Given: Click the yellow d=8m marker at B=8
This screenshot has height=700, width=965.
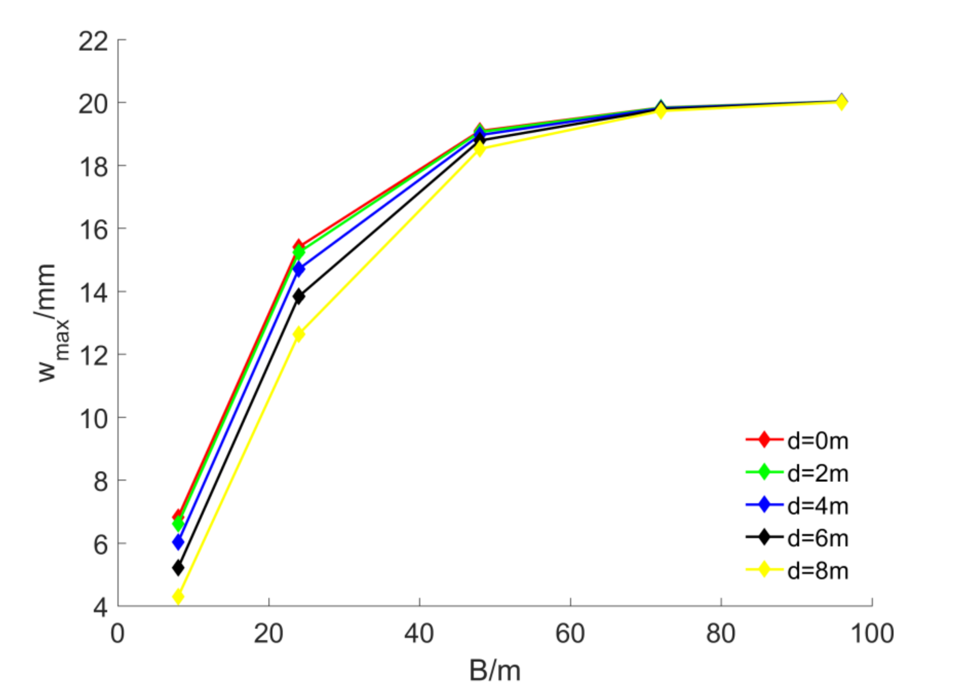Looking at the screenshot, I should pos(178,597).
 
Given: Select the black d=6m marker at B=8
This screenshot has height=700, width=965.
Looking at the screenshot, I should pos(178,568).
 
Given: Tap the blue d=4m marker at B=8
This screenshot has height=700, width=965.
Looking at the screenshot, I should pos(178,542).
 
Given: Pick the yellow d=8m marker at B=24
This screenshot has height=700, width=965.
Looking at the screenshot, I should pos(299,334).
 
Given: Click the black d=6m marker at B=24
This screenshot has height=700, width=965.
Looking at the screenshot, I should pos(299,296).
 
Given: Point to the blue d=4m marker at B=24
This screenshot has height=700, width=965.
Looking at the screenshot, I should pos(299,269).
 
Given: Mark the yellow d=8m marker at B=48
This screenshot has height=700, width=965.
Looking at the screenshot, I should pos(479,149).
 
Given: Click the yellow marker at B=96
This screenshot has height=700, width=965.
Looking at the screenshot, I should pos(841,102).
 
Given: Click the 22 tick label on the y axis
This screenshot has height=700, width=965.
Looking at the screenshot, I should pos(93,42).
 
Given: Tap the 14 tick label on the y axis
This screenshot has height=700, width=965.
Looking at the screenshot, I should pos(93,293).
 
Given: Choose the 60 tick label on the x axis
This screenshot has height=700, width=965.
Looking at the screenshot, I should pos(570,634).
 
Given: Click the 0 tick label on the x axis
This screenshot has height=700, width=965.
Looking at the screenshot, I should pos(118,634).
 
